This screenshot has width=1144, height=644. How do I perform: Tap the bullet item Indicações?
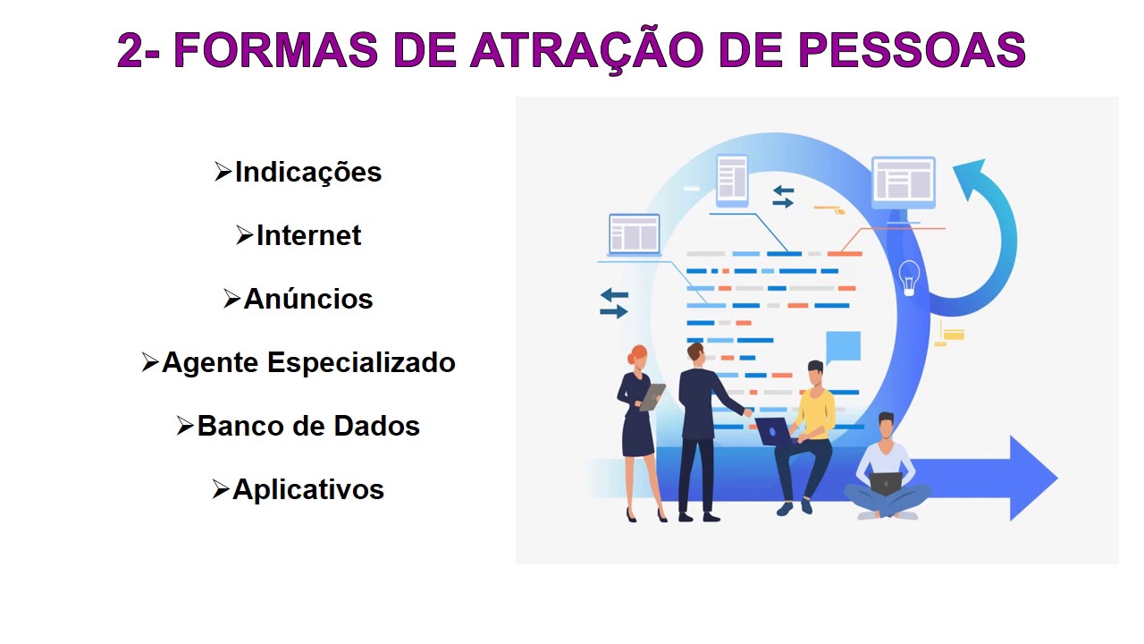point(307,172)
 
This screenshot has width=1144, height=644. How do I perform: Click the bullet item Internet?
point(308,235)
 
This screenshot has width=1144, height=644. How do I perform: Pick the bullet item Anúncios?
point(307,299)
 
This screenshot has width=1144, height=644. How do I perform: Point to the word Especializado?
point(361,362)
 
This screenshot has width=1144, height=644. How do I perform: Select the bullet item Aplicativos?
point(307,489)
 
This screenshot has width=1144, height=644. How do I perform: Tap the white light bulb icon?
point(909,276)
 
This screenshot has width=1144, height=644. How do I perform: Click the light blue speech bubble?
point(843,346)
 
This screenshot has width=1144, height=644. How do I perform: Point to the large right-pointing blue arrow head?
point(1032,478)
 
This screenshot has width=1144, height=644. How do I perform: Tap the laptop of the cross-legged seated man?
point(885,483)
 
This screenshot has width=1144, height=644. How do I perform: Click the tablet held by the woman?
point(653,396)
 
